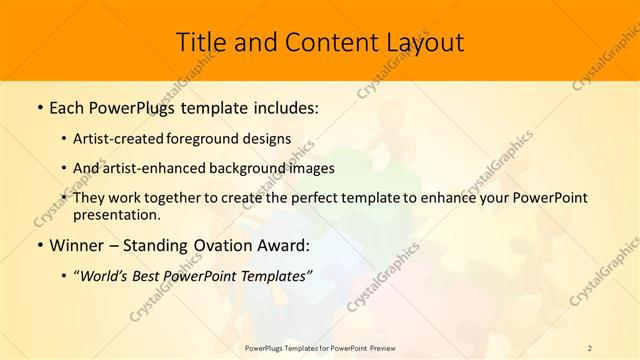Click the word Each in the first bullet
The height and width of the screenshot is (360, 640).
click(x=69, y=108)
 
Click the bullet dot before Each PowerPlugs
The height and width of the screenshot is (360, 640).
click(x=39, y=108)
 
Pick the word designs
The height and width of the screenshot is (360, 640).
click(x=269, y=139)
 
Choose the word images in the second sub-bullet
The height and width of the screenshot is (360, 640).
click(x=312, y=169)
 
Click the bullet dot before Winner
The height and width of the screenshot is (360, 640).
click(x=39, y=245)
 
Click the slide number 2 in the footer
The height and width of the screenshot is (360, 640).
click(x=590, y=348)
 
